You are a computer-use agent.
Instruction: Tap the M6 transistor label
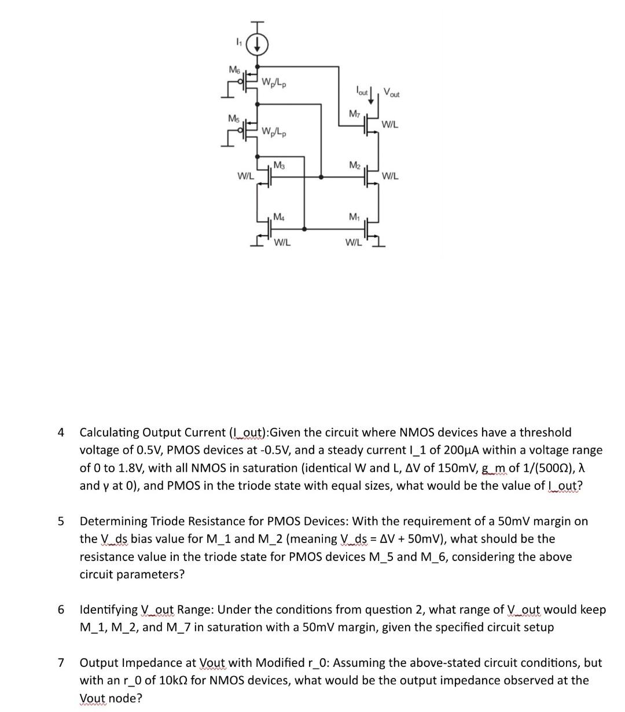(x=234, y=69)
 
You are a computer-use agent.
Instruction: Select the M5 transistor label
(x=233, y=118)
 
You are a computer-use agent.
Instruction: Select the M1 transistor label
(x=354, y=216)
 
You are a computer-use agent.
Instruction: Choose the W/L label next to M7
(x=389, y=124)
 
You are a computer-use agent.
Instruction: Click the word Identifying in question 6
(x=109, y=610)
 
